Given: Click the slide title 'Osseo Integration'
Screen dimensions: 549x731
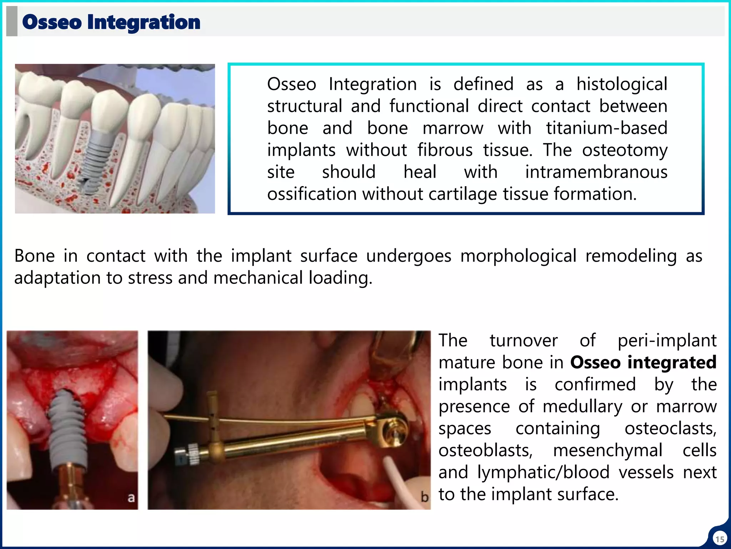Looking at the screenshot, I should click(x=111, y=22).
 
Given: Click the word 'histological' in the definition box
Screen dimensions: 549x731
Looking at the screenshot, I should click(x=622, y=84).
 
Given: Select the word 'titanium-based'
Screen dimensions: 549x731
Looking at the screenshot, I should click(x=606, y=128).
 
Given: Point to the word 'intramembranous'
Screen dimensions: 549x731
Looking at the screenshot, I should click(x=596, y=172).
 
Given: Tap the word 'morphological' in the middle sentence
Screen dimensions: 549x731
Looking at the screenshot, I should click(x=518, y=256).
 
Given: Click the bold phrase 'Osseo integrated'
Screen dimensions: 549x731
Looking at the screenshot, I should click(x=643, y=362).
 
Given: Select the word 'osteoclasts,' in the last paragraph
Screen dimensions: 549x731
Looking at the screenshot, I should click(x=670, y=429).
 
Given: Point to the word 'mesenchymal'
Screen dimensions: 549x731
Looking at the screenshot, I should click(x=608, y=450).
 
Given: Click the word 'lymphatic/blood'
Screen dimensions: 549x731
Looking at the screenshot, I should click(x=543, y=473).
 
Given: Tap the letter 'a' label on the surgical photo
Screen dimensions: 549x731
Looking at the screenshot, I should click(x=131, y=497).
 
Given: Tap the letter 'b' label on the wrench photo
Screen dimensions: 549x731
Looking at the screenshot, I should click(x=424, y=497).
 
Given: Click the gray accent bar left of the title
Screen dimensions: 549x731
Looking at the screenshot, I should click(x=12, y=21).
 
